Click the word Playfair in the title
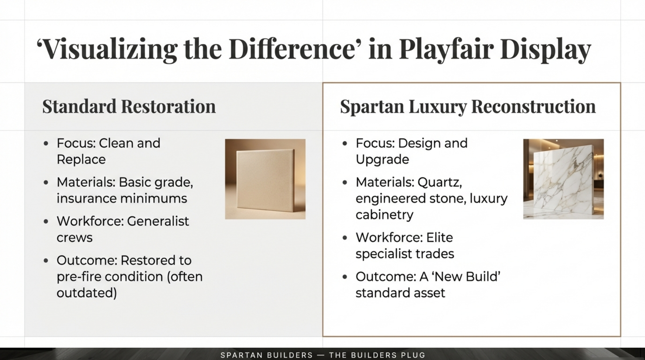click(446, 49)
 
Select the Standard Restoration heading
click(129, 106)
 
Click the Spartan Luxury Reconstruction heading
click(468, 106)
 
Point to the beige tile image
click(265, 179)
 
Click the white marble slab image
click(563, 179)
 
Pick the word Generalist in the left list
click(158, 221)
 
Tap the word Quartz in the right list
click(439, 182)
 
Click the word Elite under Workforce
click(439, 237)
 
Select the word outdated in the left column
click(87, 293)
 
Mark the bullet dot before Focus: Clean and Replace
click(46, 143)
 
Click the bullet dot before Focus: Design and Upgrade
click(345, 143)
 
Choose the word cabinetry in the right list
click(384, 215)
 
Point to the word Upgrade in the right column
click(382, 160)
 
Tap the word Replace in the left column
click(81, 160)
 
